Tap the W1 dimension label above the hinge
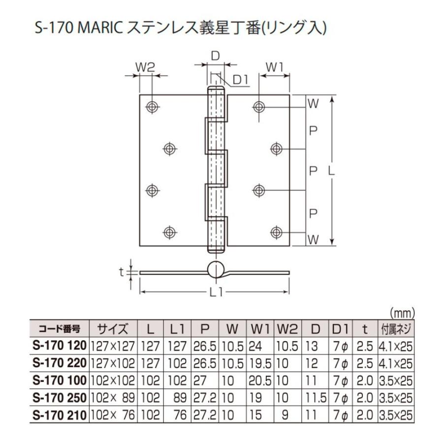pos(274,67)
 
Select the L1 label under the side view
pos(215,292)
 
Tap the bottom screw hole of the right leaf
pos(277,231)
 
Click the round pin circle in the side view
pos(215,270)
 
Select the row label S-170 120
pos(59,346)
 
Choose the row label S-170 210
pos(59,414)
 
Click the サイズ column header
pos(113,329)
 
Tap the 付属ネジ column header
pos(396,329)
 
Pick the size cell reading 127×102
pos(113,363)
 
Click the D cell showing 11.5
pos(316,397)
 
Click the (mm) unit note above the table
pos(403,313)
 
